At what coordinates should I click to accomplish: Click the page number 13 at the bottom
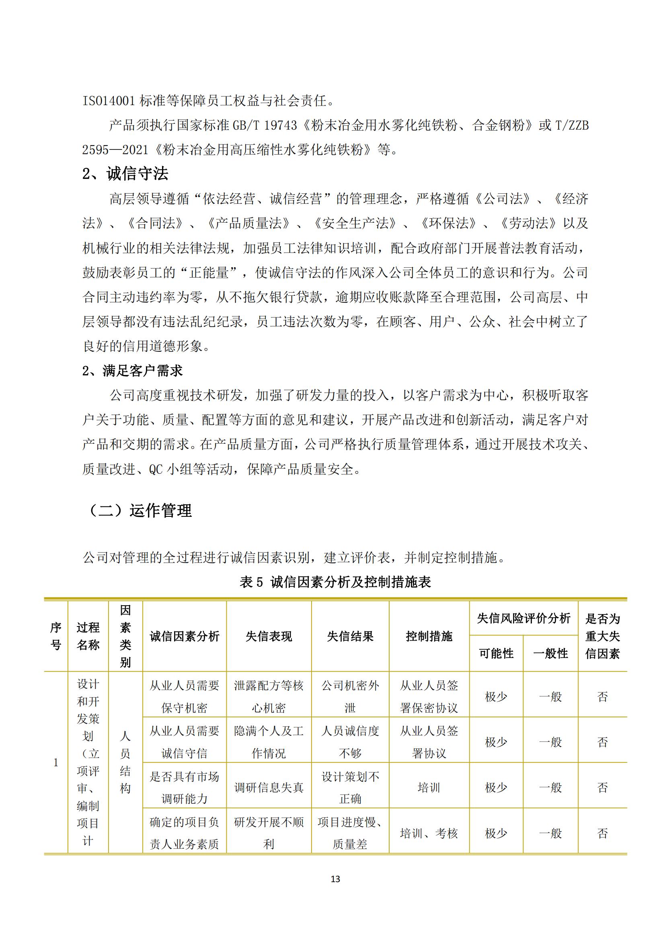pos(335,879)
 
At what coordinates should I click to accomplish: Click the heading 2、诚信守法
pos(125,174)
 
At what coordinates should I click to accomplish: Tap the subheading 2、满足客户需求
pos(132,371)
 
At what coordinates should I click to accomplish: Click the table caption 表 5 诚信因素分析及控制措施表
pos(335,582)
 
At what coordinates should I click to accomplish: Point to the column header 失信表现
pos(269,636)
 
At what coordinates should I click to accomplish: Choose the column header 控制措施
pos(429,636)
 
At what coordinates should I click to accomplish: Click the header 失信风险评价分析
pos(523,618)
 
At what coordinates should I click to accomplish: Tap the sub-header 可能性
pos(496,653)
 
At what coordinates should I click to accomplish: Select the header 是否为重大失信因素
pos(602,636)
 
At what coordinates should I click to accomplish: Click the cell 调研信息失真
pos(269,787)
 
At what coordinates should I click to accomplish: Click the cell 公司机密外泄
pos(350,696)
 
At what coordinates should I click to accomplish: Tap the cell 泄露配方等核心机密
pos(269,696)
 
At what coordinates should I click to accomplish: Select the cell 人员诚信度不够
pos(350,742)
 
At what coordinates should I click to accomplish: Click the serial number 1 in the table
pos(56,762)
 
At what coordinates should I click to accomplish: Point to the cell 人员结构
pos(125,762)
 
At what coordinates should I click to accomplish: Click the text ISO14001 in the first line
pos(109,101)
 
